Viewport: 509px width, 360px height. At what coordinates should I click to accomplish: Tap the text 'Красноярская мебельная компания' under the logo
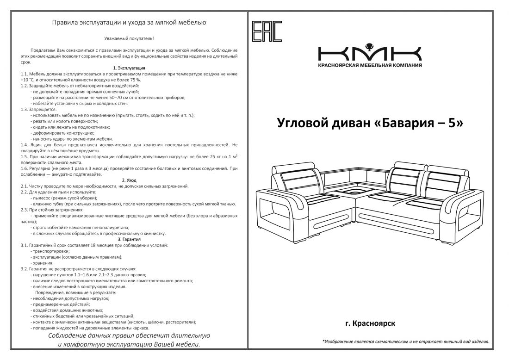pyautogui.click(x=370, y=65)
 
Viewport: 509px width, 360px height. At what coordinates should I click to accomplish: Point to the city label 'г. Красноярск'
pyautogui.click(x=370, y=323)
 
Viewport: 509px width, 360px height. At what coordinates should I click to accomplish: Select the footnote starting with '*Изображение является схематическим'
pyautogui.click(x=405, y=341)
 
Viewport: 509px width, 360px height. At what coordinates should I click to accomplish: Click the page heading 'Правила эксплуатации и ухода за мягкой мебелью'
pyautogui.click(x=129, y=22)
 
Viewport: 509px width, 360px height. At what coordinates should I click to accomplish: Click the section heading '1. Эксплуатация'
pyautogui.click(x=129, y=68)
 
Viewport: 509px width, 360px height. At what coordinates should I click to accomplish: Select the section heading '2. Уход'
pyautogui.click(x=129, y=180)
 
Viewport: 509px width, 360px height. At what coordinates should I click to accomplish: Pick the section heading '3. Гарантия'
pyautogui.click(x=129, y=239)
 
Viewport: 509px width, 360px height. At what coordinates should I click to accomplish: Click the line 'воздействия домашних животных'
pyautogui.click(x=68, y=310)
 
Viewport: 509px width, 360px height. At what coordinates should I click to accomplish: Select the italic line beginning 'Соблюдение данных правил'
pyautogui.click(x=129, y=335)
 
